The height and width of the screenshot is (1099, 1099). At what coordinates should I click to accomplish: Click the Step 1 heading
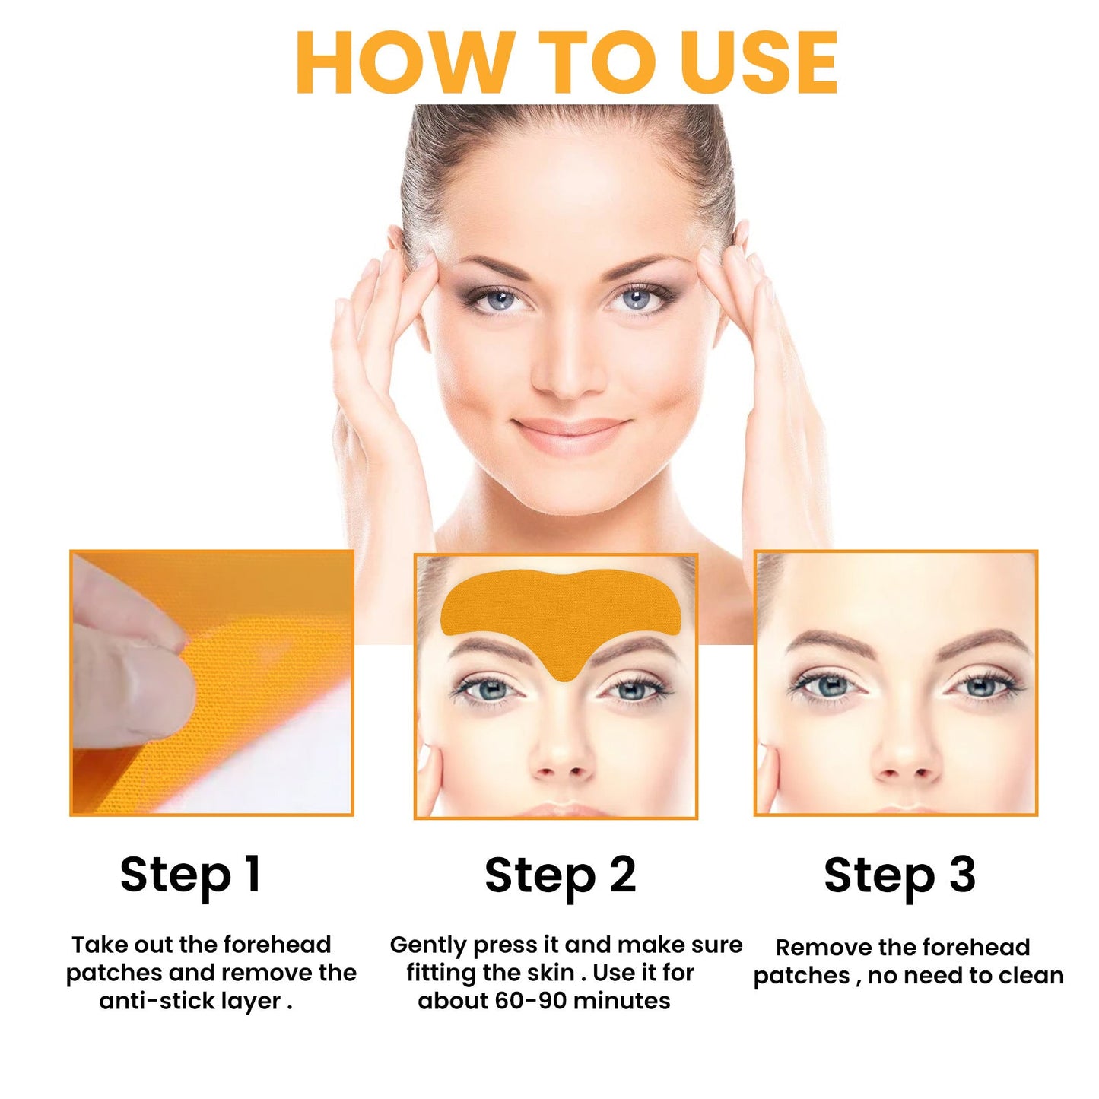click(x=190, y=875)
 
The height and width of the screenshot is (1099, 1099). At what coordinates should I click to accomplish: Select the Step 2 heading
click(x=560, y=875)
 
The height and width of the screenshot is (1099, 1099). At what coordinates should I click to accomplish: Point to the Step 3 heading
click(x=899, y=875)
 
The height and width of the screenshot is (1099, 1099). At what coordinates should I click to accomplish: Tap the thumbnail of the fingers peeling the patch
click(x=212, y=682)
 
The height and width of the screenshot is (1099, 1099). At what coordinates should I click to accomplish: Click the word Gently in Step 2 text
click(x=427, y=945)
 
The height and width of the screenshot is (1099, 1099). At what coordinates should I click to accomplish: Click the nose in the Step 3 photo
click(x=905, y=761)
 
